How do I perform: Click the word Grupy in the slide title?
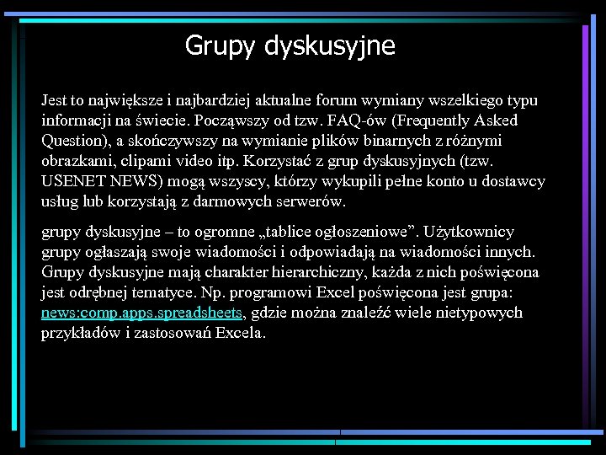(x=220, y=45)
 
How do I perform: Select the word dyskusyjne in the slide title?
(x=329, y=45)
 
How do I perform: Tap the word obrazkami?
(x=76, y=161)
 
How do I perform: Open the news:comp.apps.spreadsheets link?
(x=141, y=313)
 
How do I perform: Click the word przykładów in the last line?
(x=81, y=333)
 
